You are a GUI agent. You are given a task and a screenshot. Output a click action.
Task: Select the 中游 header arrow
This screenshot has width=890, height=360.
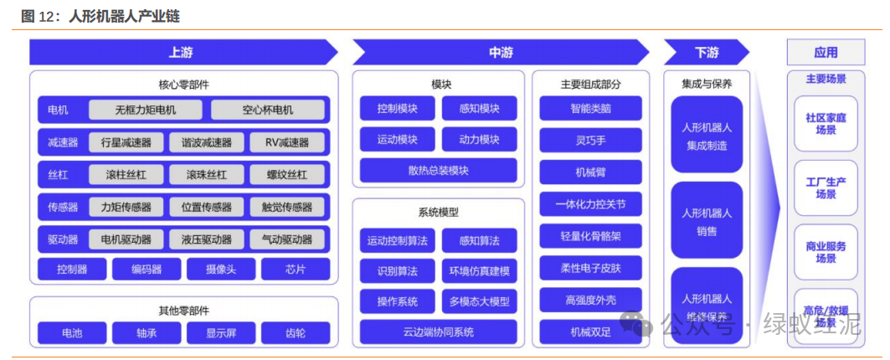tap(502, 52)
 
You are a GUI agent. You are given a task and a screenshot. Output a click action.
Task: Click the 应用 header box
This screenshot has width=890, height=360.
tap(825, 52)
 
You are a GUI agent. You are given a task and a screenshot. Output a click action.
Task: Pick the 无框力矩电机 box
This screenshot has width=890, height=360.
tap(146, 110)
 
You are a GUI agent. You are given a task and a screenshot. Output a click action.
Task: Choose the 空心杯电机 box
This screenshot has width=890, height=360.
tap(268, 110)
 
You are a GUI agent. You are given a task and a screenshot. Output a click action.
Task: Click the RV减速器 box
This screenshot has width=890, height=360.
tap(286, 142)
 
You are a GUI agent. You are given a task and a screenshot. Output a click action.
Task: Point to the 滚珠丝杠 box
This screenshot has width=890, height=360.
tap(207, 175)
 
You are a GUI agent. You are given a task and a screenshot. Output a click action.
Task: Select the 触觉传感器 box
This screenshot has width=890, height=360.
tap(286, 207)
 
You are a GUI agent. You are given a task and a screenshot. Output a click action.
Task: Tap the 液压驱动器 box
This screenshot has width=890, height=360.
tap(207, 239)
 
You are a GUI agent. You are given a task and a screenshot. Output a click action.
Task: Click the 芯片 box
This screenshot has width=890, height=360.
tap(295, 270)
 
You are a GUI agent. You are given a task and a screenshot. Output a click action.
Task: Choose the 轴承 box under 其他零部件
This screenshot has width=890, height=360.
tap(146, 333)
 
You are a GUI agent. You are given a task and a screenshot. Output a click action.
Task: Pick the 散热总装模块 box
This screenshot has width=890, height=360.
tap(439, 170)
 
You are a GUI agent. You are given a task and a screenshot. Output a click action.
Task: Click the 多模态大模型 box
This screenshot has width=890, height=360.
tap(479, 301)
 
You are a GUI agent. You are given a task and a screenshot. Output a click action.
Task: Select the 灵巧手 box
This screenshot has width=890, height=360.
tap(590, 139)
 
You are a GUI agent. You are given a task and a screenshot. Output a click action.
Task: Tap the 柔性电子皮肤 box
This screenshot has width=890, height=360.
tap(590, 268)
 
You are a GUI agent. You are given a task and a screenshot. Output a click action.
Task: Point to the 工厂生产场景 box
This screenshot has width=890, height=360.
tap(826, 188)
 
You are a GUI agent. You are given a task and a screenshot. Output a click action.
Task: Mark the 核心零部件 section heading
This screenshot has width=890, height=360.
tap(183, 85)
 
